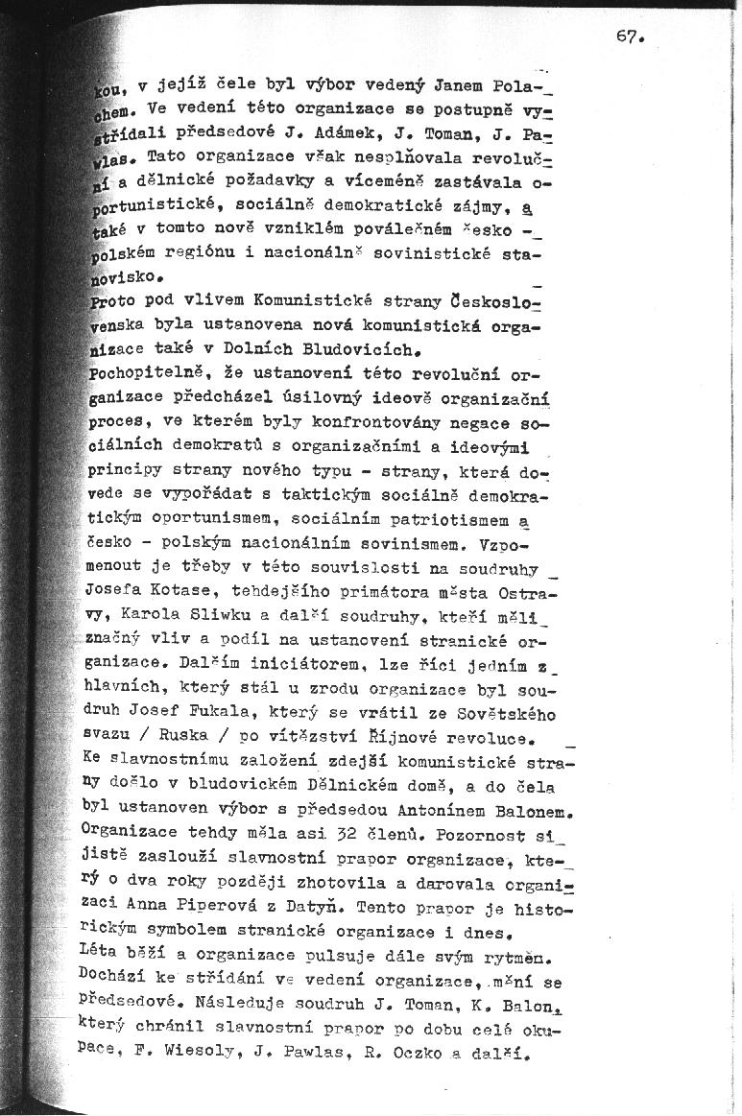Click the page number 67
[627, 37]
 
